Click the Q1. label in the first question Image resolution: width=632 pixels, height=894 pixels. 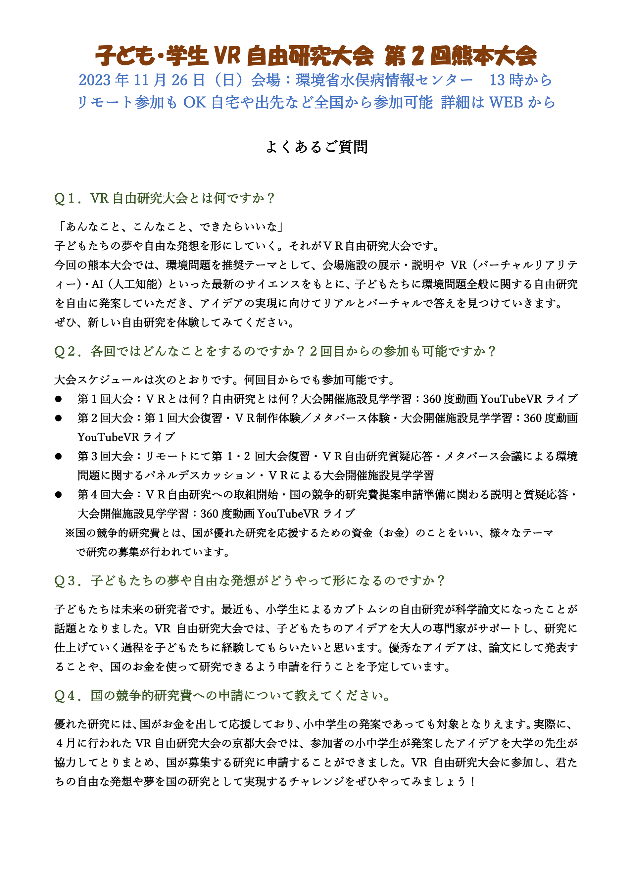[67, 198]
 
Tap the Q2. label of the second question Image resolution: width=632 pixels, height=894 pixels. [67, 351]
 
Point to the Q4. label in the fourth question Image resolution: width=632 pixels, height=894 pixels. [67, 695]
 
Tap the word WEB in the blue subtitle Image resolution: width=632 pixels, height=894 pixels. [506, 102]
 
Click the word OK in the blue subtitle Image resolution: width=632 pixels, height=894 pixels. [195, 102]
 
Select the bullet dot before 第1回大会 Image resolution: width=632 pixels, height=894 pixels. [58, 399]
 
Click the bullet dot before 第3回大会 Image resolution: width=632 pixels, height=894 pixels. [58, 456]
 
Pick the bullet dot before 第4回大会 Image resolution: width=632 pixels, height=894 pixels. [58, 494]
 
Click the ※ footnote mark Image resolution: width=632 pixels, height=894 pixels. [70, 533]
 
